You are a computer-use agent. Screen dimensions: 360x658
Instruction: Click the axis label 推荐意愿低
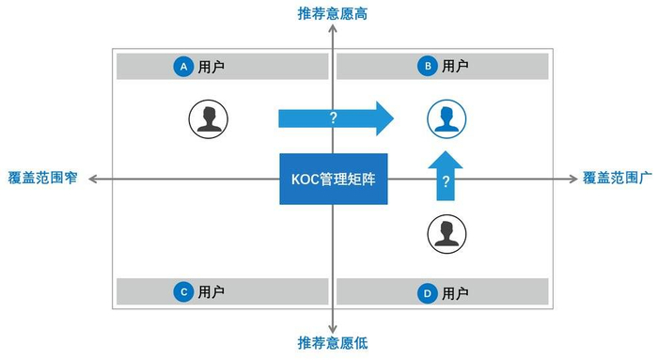pos(334,342)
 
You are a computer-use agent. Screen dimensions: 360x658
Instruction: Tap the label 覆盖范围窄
pos(40,178)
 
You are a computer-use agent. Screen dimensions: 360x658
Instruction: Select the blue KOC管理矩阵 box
pos(333,178)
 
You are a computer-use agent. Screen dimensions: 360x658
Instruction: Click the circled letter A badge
pos(184,67)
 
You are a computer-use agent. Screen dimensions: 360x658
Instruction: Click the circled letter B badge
pos(428,67)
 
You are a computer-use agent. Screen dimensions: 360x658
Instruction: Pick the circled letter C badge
pos(184,292)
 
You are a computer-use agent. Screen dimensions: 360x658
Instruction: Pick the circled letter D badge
pos(428,293)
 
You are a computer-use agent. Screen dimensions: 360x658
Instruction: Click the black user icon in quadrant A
pos(208,118)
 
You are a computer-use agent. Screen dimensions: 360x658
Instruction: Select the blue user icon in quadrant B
pos(446,118)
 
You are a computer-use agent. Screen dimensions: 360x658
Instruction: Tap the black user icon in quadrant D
pos(446,233)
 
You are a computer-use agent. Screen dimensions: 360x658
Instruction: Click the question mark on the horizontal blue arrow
pos(331,118)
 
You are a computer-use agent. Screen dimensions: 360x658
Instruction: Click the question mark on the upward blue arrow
pos(446,181)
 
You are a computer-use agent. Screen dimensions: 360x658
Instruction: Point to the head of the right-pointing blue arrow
pos(384,118)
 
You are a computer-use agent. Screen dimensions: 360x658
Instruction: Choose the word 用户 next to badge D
pos(455,293)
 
